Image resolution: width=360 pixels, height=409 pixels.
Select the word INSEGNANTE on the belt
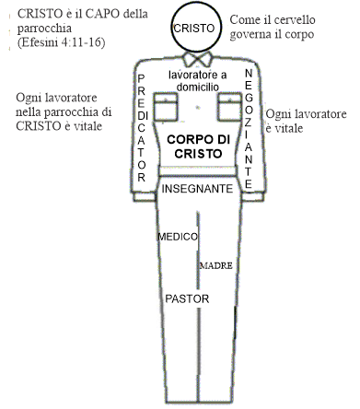coord(197,188)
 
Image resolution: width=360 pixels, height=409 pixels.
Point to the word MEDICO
coord(179,237)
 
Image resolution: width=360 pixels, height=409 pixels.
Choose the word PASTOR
coord(187,299)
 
